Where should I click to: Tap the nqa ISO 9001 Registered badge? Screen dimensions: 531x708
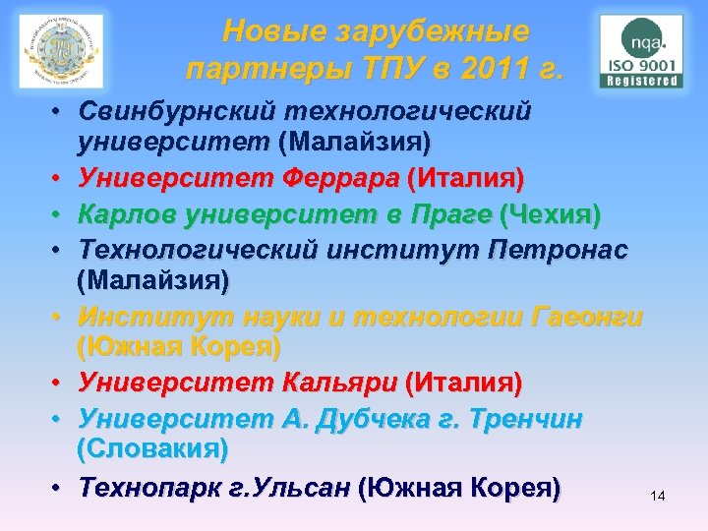pos(641,51)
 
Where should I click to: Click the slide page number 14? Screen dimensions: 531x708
pos(658,497)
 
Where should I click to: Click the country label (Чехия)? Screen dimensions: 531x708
pos(551,213)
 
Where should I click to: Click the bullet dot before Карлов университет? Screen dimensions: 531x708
pos(60,214)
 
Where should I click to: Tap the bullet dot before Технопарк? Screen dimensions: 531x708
pos(60,487)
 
